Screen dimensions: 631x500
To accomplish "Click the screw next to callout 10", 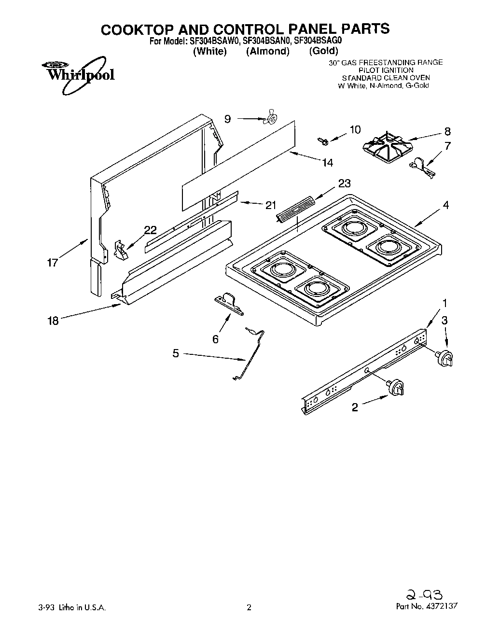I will click(322, 140).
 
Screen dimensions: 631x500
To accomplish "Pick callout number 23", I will click(345, 183).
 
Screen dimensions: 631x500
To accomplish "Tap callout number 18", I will click(53, 321).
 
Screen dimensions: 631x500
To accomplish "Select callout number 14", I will click(327, 163).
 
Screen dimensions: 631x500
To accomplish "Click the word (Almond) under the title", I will click(268, 52).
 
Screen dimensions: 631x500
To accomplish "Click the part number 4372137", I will click(439, 606).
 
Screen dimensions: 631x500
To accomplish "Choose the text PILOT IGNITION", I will click(386, 70).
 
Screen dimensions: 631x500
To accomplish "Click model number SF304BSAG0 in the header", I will click(317, 42).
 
